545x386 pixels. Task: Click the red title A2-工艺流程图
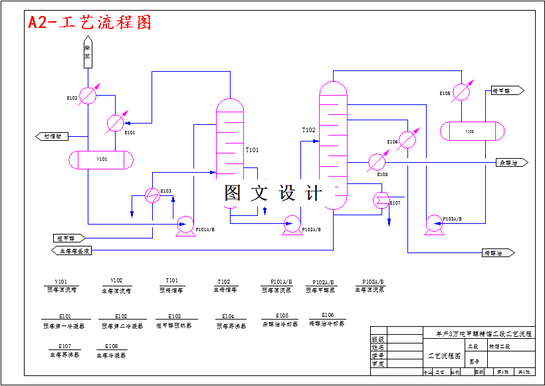click(x=90, y=22)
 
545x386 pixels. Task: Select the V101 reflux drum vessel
click(x=102, y=159)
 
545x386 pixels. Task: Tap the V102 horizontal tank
click(x=470, y=131)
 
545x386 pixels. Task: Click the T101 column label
click(x=252, y=150)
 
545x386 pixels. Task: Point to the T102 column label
click(x=308, y=130)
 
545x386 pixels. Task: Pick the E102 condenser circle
click(x=88, y=96)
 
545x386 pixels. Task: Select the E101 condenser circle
click(x=115, y=122)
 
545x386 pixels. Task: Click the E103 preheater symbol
click(x=152, y=195)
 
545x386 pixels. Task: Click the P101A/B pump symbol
click(x=184, y=225)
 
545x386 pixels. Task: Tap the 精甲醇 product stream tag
click(x=507, y=90)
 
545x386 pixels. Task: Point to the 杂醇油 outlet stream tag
click(x=512, y=162)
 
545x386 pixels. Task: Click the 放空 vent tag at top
click(x=87, y=54)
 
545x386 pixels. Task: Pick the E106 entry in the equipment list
click(x=327, y=315)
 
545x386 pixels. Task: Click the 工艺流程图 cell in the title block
click(x=445, y=355)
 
